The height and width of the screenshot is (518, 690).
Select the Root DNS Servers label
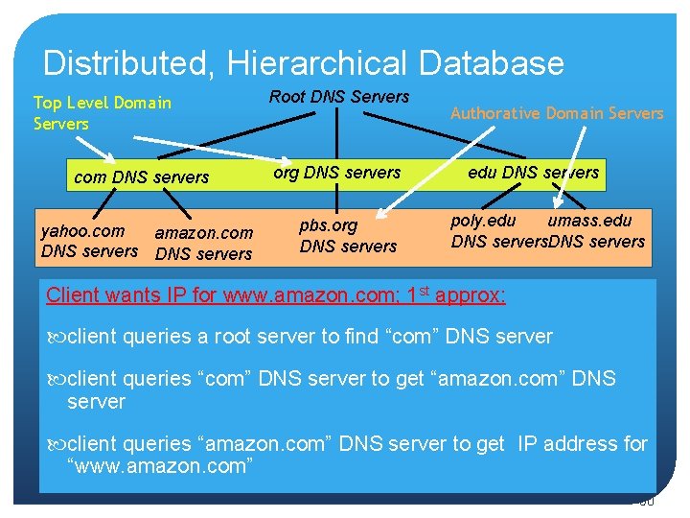click(x=339, y=96)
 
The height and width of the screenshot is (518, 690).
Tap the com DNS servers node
click(x=141, y=177)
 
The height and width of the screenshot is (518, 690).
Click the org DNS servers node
click(x=336, y=173)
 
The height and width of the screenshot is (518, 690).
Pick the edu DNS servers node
click(x=533, y=173)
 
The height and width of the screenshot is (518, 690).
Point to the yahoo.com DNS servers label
click(x=88, y=241)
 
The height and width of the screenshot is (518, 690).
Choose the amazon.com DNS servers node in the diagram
click(x=203, y=243)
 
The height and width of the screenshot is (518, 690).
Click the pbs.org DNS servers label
click(x=347, y=236)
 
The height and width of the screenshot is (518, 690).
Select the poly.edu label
click(x=483, y=221)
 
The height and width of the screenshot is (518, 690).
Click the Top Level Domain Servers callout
click(x=102, y=112)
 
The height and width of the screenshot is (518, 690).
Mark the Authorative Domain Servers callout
click(x=556, y=113)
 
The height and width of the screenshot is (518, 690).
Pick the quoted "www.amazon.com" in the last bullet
click(x=159, y=466)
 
